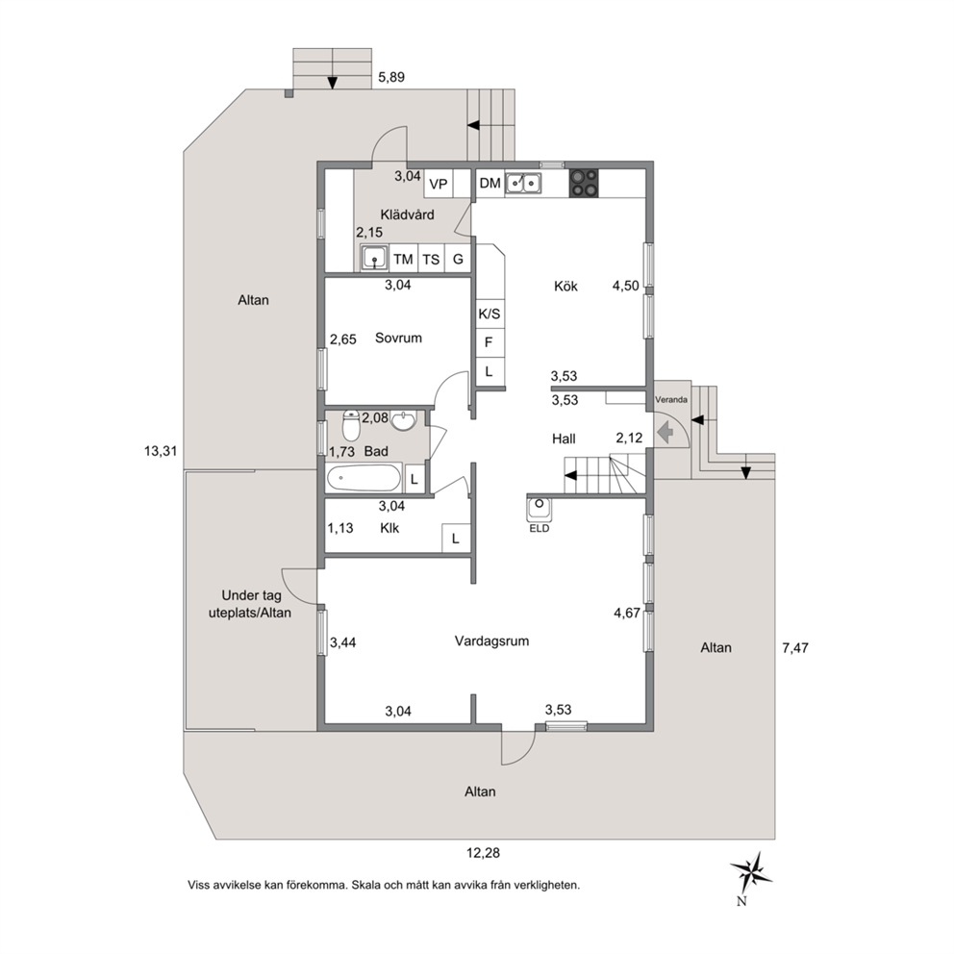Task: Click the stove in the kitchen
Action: pyautogui.click(x=584, y=183)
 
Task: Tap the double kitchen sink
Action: pyautogui.click(x=523, y=183)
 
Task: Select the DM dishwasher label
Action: pyautogui.click(x=490, y=183)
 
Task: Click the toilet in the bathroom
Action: pyautogui.click(x=351, y=425)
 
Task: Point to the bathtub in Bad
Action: pyautogui.click(x=364, y=478)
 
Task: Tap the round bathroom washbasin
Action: pyautogui.click(x=403, y=420)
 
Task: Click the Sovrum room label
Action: pyautogui.click(x=398, y=338)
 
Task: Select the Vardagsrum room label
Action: pyautogui.click(x=491, y=641)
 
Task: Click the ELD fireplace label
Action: pyautogui.click(x=540, y=528)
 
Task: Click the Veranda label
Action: pyautogui.click(x=671, y=400)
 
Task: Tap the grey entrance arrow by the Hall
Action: pyautogui.click(x=666, y=433)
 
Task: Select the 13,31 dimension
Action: pyautogui.click(x=160, y=451)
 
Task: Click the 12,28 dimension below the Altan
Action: pyautogui.click(x=483, y=853)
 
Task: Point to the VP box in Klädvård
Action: pyautogui.click(x=439, y=183)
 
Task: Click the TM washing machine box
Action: pyautogui.click(x=403, y=259)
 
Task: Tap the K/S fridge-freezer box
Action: pyautogui.click(x=490, y=313)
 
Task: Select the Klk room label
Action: pyautogui.click(x=389, y=528)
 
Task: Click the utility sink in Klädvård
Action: pyautogui.click(x=375, y=258)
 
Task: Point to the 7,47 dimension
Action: pyautogui.click(x=795, y=648)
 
